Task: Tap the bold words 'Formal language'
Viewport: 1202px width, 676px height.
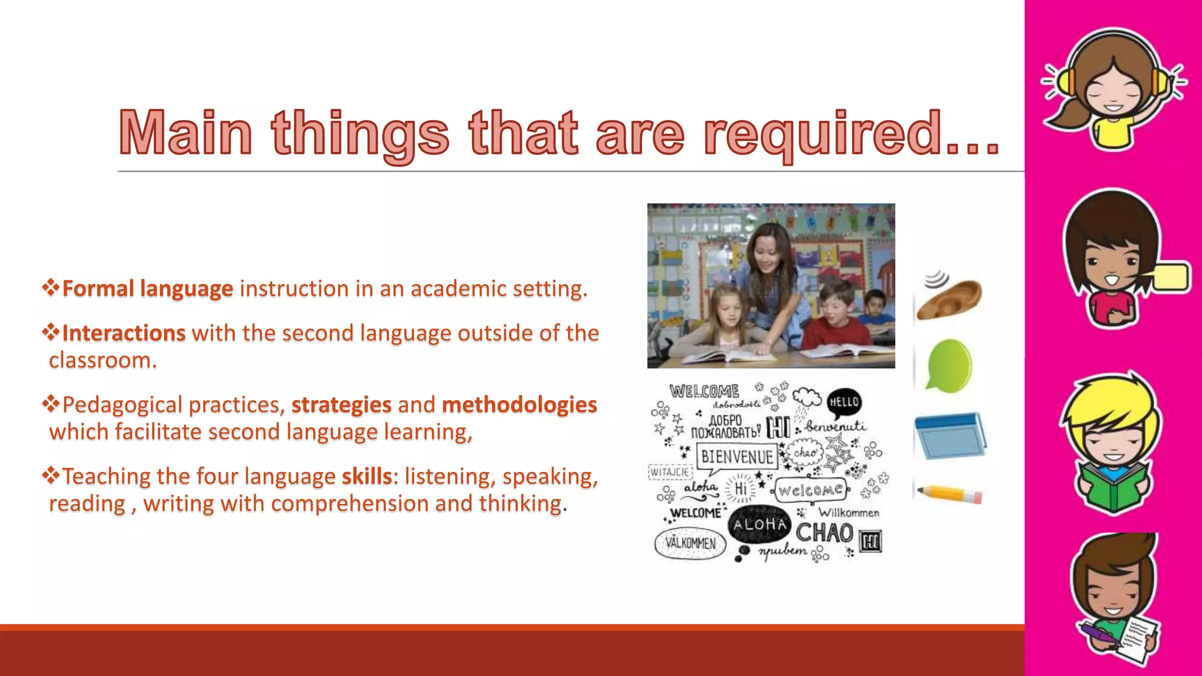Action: [x=147, y=289]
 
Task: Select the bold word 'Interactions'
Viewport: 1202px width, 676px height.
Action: [x=124, y=333]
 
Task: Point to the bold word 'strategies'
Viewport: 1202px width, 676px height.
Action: [x=342, y=405]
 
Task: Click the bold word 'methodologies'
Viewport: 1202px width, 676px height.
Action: [x=519, y=405]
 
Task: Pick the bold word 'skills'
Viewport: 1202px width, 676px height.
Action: [x=367, y=476]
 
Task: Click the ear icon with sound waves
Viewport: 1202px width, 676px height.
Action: [x=950, y=296]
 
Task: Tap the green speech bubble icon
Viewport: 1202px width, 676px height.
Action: [x=948, y=365]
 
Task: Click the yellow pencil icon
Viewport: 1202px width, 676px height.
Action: [x=950, y=494]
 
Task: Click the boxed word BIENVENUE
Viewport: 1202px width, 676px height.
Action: [x=737, y=457]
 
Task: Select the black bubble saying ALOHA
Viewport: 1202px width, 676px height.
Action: [x=759, y=524]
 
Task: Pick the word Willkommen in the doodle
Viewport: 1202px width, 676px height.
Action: [x=849, y=513]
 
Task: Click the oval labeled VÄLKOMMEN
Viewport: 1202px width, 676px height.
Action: [x=690, y=543]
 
